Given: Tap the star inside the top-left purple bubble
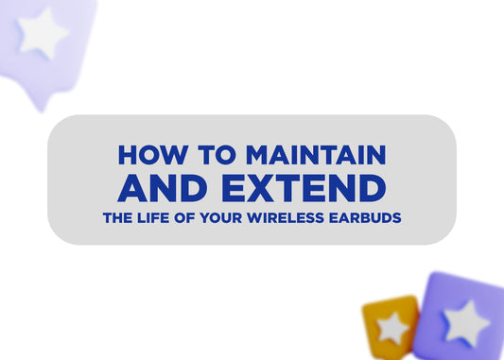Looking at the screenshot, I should pyautogui.click(x=43, y=34).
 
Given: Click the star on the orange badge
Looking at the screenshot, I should pyautogui.click(x=391, y=327).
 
